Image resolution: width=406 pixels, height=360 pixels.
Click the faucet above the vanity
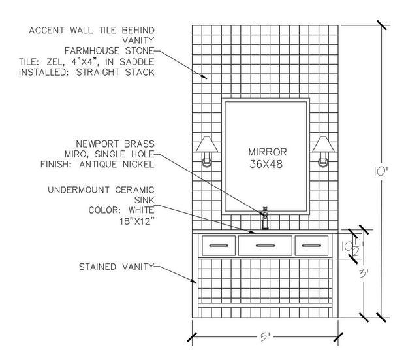tap(265, 218)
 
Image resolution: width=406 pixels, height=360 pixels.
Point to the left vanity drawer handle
tap(218, 246)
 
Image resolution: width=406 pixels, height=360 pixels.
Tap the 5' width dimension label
tap(264, 338)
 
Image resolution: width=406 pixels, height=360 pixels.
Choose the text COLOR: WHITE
tap(121, 210)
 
